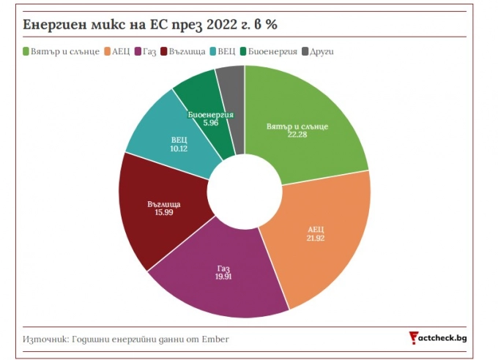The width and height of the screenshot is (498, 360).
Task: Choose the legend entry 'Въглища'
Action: tap(183, 52)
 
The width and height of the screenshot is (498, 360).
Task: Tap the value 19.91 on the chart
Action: tap(223, 277)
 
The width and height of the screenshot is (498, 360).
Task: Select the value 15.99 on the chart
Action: tap(163, 212)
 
